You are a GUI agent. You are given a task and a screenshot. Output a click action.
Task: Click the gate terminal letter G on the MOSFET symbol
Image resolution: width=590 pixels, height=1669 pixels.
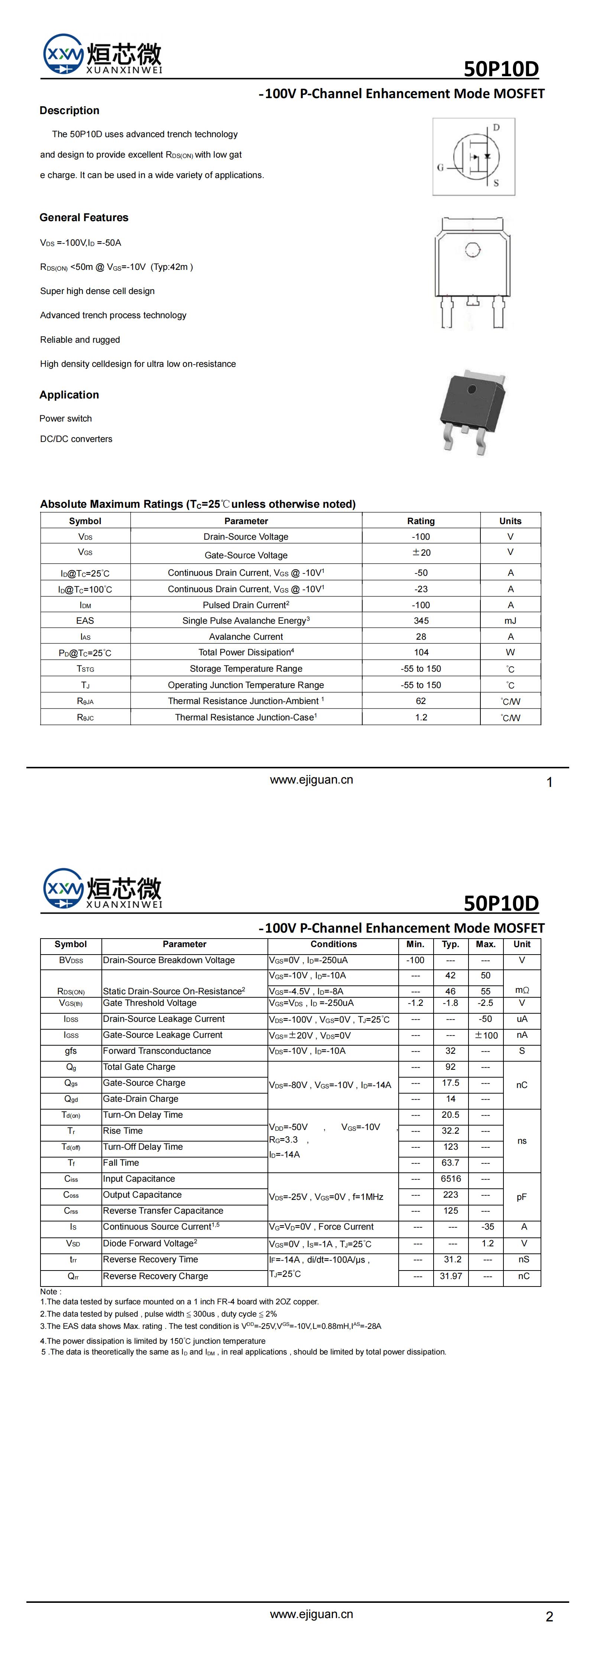[x=440, y=167]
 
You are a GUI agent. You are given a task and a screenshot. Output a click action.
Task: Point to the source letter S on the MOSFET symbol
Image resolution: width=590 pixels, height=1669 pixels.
[x=496, y=183]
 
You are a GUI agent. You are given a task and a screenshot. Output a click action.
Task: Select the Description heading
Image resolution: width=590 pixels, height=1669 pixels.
[x=69, y=111]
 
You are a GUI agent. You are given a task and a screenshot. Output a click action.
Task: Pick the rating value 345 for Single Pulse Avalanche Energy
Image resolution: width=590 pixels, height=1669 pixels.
[x=421, y=621]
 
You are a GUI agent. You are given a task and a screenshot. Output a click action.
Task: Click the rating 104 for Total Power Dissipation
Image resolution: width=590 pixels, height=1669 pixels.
[x=421, y=652]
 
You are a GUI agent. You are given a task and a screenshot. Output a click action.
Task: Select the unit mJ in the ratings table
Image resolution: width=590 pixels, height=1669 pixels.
[x=510, y=621]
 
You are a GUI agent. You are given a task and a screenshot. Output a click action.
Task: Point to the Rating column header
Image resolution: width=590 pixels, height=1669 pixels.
[x=421, y=521]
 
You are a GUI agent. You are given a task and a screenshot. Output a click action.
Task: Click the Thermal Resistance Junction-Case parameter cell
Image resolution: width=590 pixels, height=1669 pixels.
[x=246, y=717]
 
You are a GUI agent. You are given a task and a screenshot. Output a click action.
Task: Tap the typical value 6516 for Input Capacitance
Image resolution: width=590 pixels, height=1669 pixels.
[x=451, y=1179]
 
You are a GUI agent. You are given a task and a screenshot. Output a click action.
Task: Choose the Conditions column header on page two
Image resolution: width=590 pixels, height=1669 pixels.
[x=334, y=944]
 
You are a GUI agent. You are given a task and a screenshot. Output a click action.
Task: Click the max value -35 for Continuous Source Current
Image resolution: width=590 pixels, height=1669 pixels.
[x=488, y=1227]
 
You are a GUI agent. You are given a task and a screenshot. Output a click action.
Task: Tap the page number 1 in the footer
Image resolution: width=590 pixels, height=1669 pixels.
[x=549, y=783]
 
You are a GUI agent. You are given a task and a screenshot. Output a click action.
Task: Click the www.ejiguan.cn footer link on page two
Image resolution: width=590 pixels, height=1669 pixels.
[x=311, y=1614]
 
